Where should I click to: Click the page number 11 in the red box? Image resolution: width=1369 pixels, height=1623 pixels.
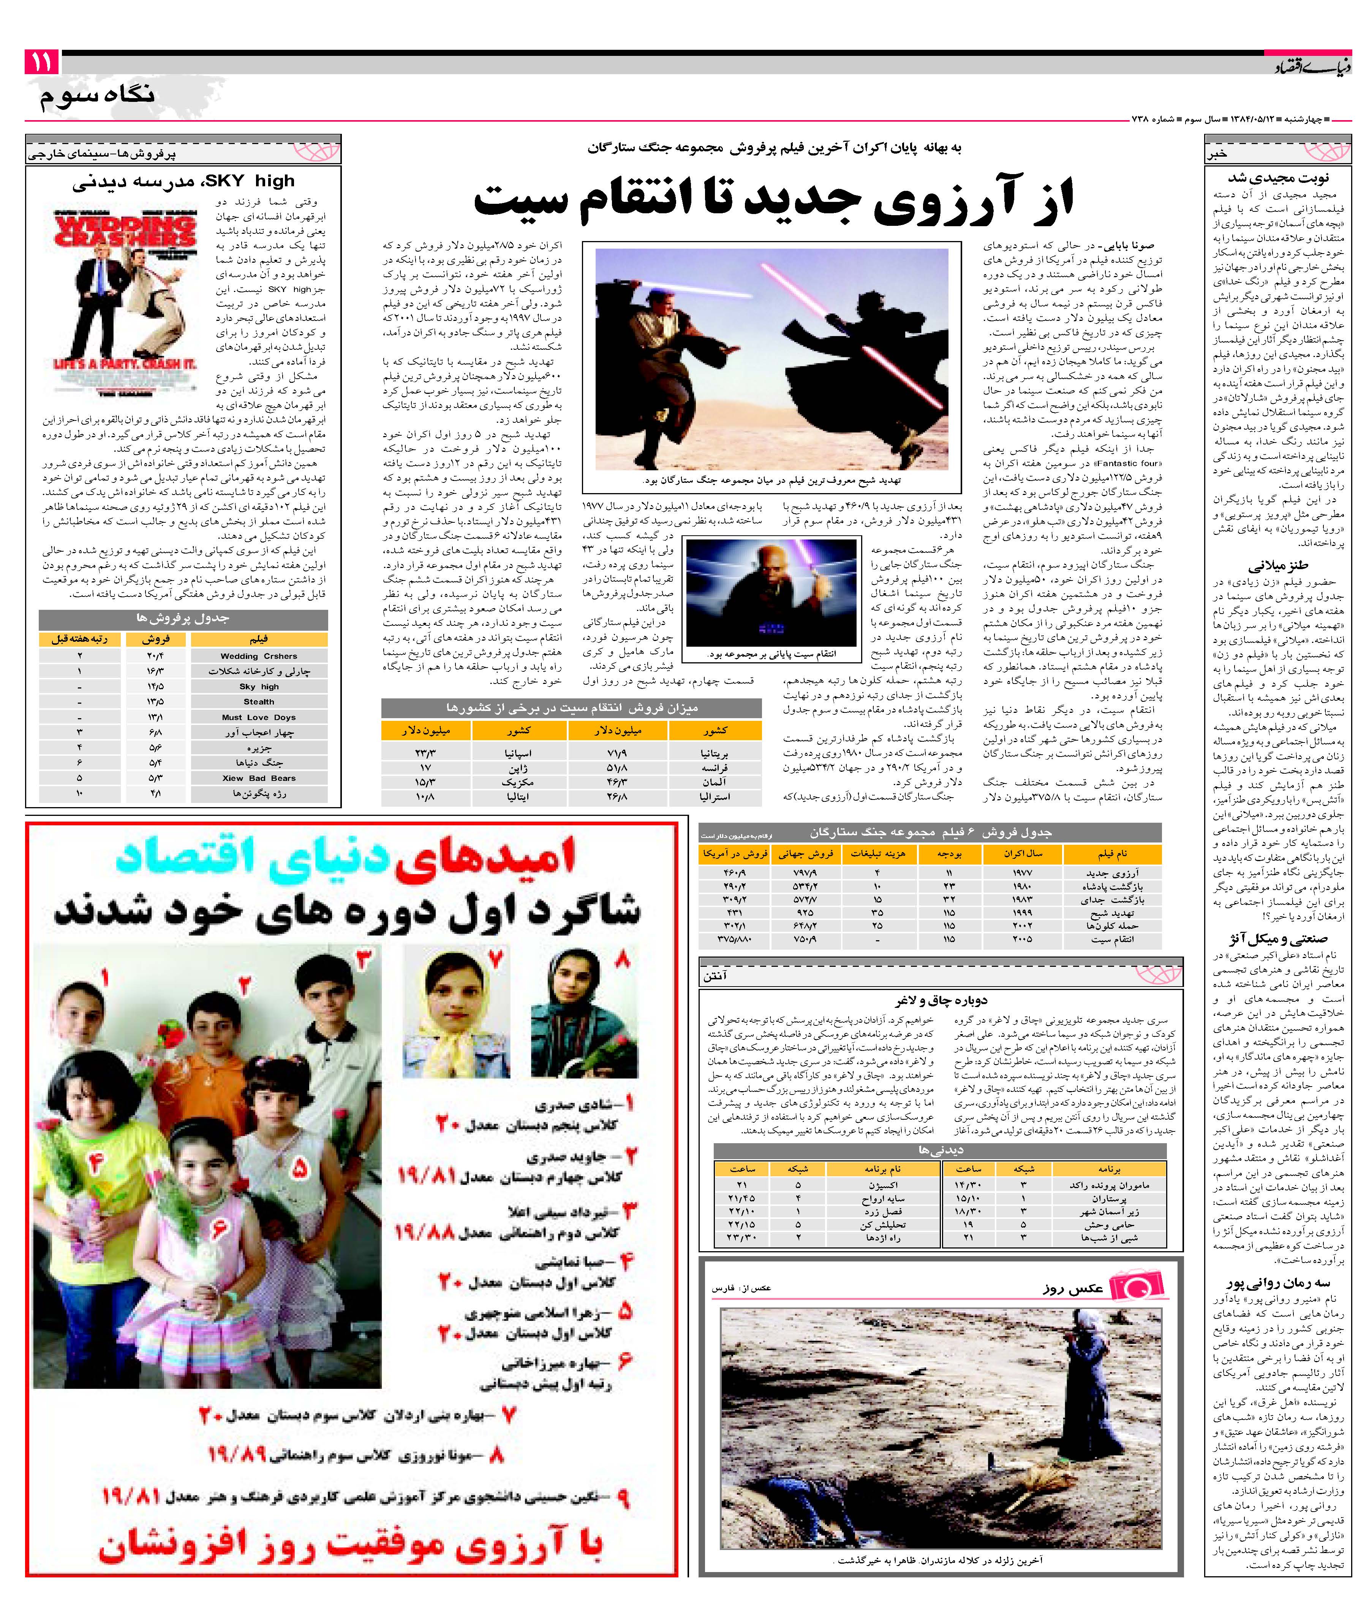pos(42,62)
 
